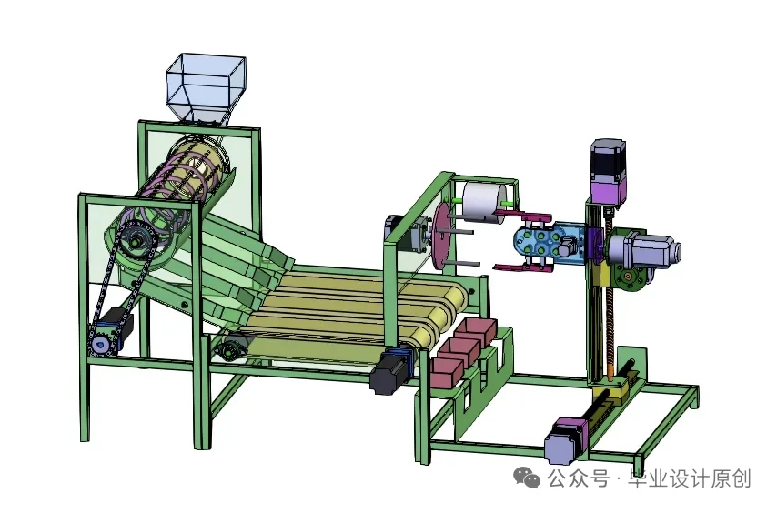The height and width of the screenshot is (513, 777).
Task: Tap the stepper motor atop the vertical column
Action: click(x=607, y=173)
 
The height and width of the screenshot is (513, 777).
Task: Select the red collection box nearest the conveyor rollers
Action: click(x=474, y=329)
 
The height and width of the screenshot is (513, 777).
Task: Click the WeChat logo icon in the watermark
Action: click(x=527, y=478)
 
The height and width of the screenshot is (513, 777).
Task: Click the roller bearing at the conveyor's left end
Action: click(x=233, y=346)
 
